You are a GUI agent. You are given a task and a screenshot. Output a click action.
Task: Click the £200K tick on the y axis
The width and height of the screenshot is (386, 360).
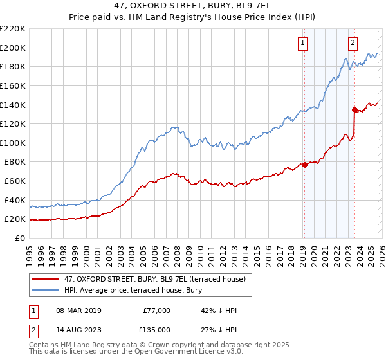(13, 48)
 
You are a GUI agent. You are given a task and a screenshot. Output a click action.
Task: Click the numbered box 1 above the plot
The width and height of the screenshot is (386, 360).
(302, 43)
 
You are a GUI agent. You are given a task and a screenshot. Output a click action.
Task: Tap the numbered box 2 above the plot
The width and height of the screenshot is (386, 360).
(353, 43)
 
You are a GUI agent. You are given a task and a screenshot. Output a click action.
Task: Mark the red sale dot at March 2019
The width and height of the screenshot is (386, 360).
(304, 165)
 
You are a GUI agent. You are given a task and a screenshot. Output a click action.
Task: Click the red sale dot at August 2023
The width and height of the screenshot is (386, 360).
(354, 109)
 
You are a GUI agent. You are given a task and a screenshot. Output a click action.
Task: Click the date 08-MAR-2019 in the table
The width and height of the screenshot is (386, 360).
(77, 310)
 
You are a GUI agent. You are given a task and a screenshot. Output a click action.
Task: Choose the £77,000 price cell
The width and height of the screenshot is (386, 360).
(156, 310)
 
